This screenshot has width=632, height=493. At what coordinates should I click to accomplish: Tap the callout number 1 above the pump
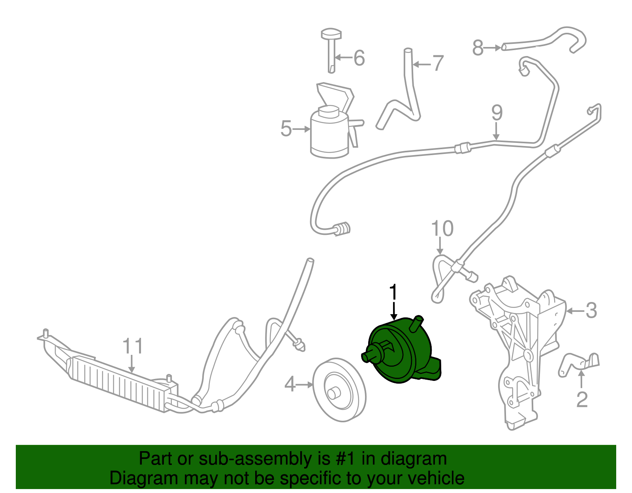click(x=393, y=292)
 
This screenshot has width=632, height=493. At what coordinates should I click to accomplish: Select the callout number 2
click(x=582, y=399)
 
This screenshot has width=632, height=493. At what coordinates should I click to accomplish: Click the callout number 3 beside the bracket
click(x=591, y=311)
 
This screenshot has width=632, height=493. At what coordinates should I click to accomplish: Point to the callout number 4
click(x=290, y=384)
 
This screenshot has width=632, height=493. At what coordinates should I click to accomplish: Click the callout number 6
click(x=359, y=58)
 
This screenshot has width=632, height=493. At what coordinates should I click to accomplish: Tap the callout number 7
click(x=438, y=63)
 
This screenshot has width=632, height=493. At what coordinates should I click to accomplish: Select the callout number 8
click(x=478, y=48)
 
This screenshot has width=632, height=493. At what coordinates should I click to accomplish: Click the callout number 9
click(x=497, y=113)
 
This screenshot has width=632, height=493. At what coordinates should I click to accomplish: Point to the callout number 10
click(x=442, y=229)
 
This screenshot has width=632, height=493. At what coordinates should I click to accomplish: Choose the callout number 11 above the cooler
click(x=132, y=346)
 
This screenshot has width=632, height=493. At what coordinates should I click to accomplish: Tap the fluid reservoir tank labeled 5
click(x=330, y=134)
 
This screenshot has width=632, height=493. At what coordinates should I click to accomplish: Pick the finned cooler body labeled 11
click(x=118, y=381)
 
